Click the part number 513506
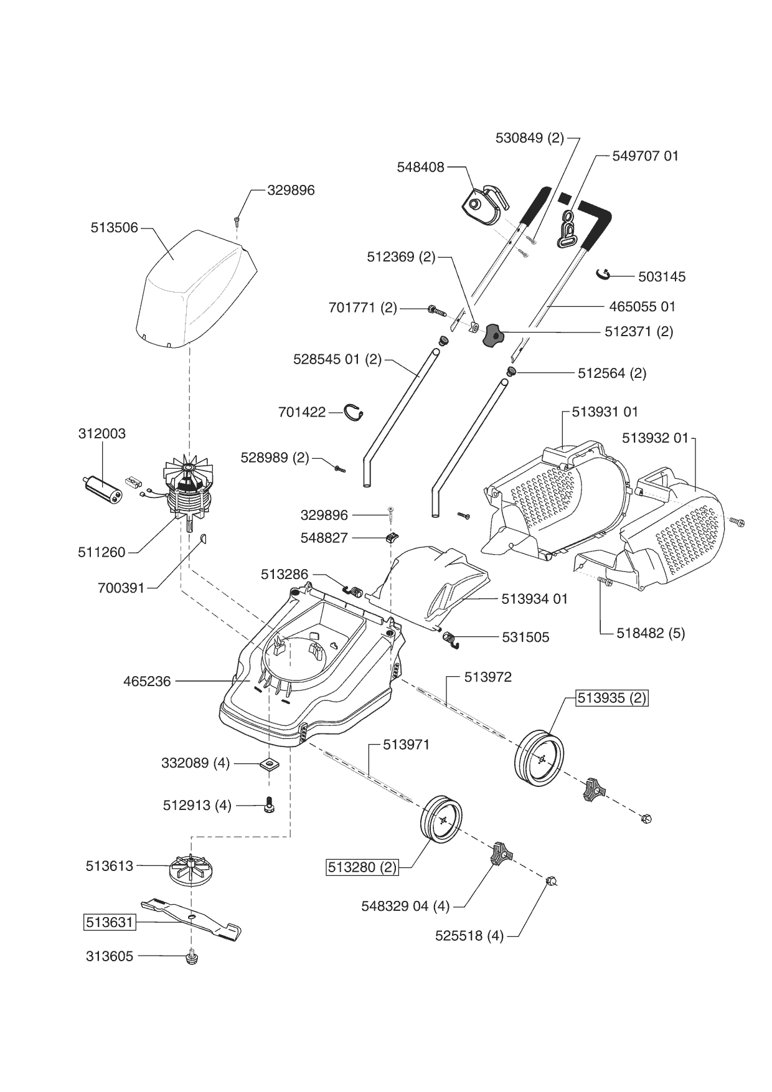(115, 228)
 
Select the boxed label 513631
(110, 922)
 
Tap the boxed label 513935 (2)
(612, 698)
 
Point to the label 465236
(147, 682)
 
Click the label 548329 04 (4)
(405, 906)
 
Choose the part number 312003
(102, 433)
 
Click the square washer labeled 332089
(270, 763)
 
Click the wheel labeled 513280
(441, 819)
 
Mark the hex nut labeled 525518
(550, 880)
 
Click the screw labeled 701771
(437, 309)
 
